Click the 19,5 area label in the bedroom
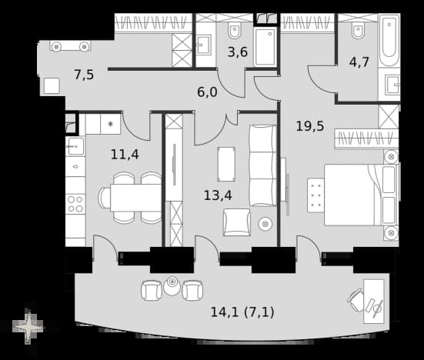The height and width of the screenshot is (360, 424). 310,126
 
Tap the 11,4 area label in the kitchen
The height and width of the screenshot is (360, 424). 125,155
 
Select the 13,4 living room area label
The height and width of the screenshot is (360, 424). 218,195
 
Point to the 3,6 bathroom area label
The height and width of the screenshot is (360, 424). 238,52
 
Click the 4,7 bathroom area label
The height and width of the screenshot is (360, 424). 359,62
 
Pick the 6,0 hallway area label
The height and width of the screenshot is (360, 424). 207,92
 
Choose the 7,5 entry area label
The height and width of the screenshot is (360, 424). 84,75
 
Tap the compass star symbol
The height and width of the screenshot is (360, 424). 28,327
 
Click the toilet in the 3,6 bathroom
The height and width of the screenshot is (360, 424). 235,30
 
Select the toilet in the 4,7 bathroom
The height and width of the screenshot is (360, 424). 358,31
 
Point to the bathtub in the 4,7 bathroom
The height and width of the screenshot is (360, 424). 389,41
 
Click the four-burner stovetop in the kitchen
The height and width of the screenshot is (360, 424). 75,204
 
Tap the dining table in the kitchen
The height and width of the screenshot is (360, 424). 135,198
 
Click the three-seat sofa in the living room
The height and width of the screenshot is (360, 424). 263,165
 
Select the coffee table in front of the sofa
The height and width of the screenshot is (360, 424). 226,164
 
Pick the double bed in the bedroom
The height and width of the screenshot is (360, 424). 361,195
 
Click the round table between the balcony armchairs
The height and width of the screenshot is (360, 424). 172,286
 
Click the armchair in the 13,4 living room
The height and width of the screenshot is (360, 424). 236,222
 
